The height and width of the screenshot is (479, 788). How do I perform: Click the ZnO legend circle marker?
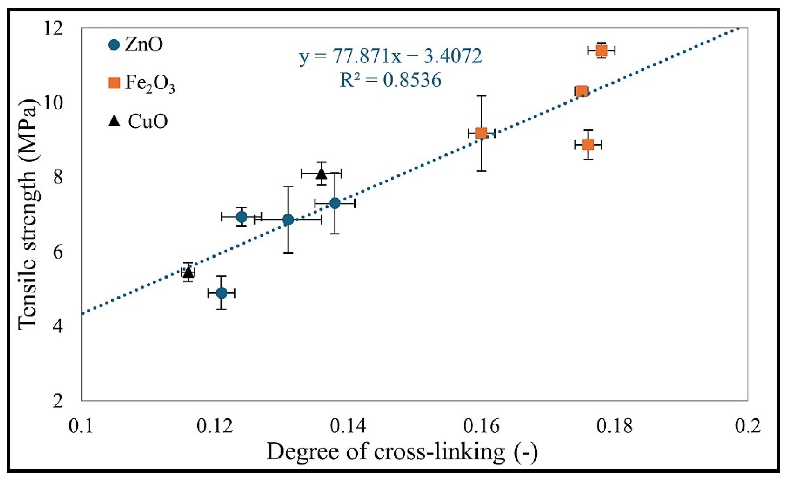click(x=114, y=45)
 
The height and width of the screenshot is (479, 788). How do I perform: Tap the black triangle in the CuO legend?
click(x=114, y=122)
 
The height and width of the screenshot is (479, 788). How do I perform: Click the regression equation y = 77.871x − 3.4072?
click(x=390, y=56)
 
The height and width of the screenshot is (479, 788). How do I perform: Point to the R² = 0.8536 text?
click(x=390, y=80)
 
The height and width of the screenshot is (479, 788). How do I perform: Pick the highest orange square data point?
click(x=601, y=50)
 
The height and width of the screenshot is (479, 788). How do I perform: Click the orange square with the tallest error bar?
click(x=481, y=133)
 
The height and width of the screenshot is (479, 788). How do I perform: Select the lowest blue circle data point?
click(x=222, y=293)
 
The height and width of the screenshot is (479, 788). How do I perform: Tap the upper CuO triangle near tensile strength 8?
click(x=322, y=174)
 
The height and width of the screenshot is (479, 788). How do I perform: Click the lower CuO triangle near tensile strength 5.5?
click(x=189, y=272)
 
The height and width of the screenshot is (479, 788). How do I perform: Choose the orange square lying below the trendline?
click(x=588, y=145)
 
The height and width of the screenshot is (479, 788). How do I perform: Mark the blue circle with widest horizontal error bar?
click(x=288, y=220)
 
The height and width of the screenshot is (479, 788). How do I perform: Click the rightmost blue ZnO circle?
click(x=335, y=203)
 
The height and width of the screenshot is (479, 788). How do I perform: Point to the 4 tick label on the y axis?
click(x=58, y=327)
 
